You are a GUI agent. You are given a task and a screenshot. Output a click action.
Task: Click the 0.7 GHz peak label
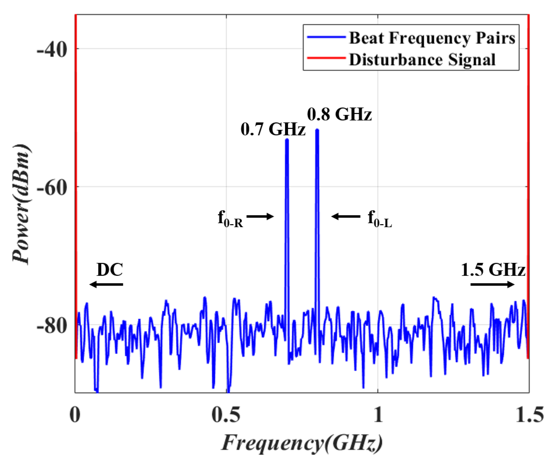click(x=273, y=129)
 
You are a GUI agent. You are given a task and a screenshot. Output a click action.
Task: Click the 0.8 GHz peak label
click(x=339, y=115)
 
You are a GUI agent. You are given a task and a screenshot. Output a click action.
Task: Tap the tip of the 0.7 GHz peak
click(x=287, y=140)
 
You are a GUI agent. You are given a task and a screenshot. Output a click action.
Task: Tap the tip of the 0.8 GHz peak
click(x=317, y=130)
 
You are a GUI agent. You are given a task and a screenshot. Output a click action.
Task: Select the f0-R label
click(x=230, y=219)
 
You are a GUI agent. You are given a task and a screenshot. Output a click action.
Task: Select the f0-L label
click(x=379, y=219)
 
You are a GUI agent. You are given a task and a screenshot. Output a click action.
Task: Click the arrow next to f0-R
click(x=260, y=217)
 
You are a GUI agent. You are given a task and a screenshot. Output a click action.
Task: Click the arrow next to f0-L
click(x=346, y=217)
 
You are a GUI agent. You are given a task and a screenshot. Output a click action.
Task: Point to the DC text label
click(x=110, y=270)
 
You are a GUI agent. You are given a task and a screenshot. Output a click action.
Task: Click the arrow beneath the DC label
click(x=106, y=284)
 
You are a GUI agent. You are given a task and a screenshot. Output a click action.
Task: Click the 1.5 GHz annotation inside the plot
click(x=493, y=270)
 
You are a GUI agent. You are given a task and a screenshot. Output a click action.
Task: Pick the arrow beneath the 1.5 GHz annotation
click(x=492, y=284)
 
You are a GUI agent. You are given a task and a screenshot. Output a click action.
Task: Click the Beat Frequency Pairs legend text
click(x=432, y=38)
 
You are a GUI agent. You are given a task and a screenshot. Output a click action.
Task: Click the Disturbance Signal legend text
click(x=422, y=60)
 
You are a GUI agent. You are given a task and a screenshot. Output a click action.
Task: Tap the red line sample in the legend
click(x=326, y=59)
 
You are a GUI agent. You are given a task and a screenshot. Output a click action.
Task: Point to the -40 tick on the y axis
click(x=52, y=50)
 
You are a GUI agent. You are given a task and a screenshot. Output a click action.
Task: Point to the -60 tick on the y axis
click(x=52, y=188)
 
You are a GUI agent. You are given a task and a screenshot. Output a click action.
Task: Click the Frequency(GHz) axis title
click(x=302, y=443)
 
